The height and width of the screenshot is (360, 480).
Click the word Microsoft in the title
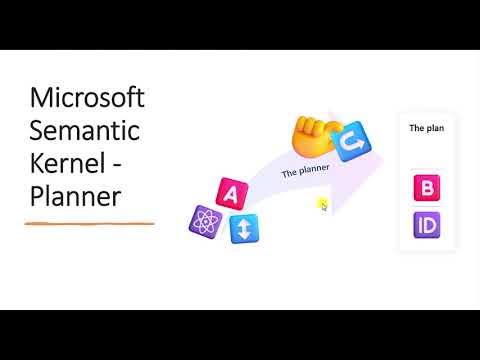(87, 99)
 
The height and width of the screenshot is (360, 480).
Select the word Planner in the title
(75, 195)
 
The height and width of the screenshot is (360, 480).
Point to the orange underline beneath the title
(89, 224)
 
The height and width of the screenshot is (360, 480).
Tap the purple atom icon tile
(204, 220)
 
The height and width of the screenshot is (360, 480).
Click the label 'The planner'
(305, 171)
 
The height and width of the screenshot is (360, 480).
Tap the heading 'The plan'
(427, 128)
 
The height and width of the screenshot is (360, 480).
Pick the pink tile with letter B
(427, 187)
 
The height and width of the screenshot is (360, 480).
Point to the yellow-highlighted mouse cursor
(323, 204)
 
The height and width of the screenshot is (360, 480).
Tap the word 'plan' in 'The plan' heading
(435, 128)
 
